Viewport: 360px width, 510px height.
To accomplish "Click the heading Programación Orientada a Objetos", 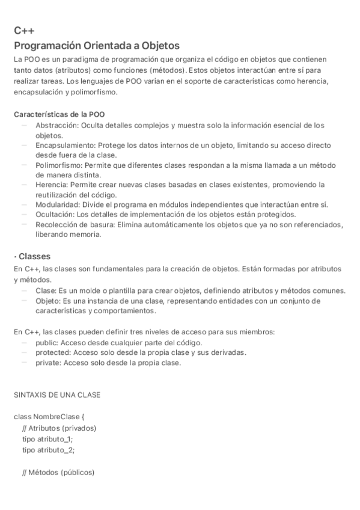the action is pyautogui.click(x=97, y=46).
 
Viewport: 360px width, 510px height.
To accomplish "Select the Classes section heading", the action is pyautogui.click(x=34, y=256).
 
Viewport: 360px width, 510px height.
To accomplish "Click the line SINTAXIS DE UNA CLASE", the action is pyautogui.click(x=56, y=395).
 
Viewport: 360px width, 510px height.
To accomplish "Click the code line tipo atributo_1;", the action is pyautogui.click(x=47, y=439).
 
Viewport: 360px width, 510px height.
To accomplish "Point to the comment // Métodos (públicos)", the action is pyautogui.click(x=58, y=473).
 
